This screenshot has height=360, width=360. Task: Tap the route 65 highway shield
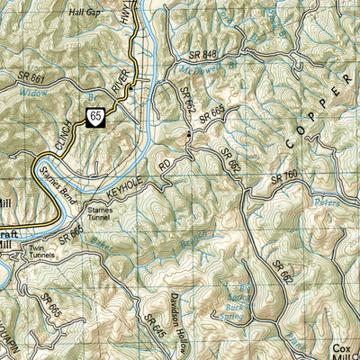point(94,114)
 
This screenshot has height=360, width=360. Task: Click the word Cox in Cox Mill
point(343,347)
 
